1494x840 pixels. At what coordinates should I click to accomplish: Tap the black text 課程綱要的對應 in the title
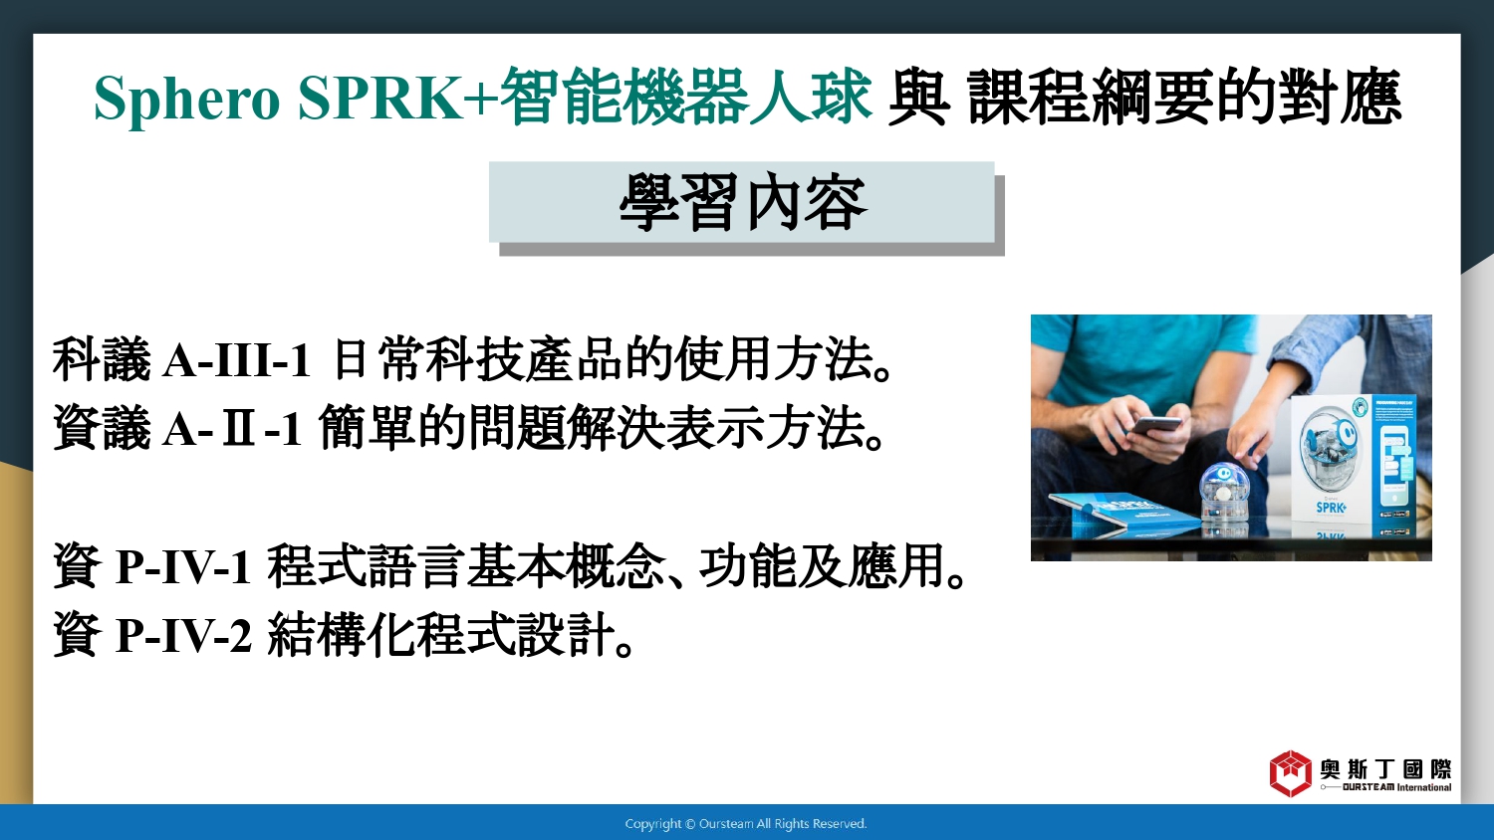click(x=1184, y=98)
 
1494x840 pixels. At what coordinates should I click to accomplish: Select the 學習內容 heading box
click(x=742, y=202)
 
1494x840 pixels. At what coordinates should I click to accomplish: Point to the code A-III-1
click(x=236, y=360)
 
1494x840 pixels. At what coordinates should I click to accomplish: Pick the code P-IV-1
click(x=183, y=567)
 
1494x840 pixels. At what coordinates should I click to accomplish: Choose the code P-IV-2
click(x=183, y=635)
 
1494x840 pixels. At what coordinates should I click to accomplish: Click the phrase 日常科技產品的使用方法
click(x=603, y=359)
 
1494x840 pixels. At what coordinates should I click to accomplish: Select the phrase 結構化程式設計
click(x=441, y=635)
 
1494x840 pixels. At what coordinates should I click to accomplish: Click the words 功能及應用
click(x=822, y=566)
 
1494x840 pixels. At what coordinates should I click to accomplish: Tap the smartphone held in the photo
click(x=1157, y=425)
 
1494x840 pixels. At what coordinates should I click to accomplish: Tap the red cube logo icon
click(x=1290, y=773)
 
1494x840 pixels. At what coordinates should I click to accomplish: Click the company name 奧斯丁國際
click(x=1385, y=768)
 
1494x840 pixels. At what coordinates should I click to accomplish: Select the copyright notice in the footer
click(x=746, y=824)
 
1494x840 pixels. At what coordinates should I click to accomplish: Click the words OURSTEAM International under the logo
click(x=1396, y=787)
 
